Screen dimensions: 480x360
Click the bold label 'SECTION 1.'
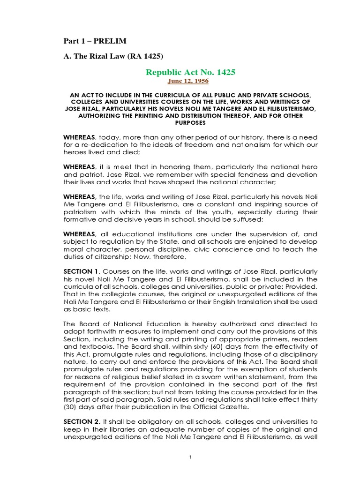(82, 272)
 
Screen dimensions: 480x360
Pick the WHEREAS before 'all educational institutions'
(80, 234)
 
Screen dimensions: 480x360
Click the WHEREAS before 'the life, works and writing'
(80, 197)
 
